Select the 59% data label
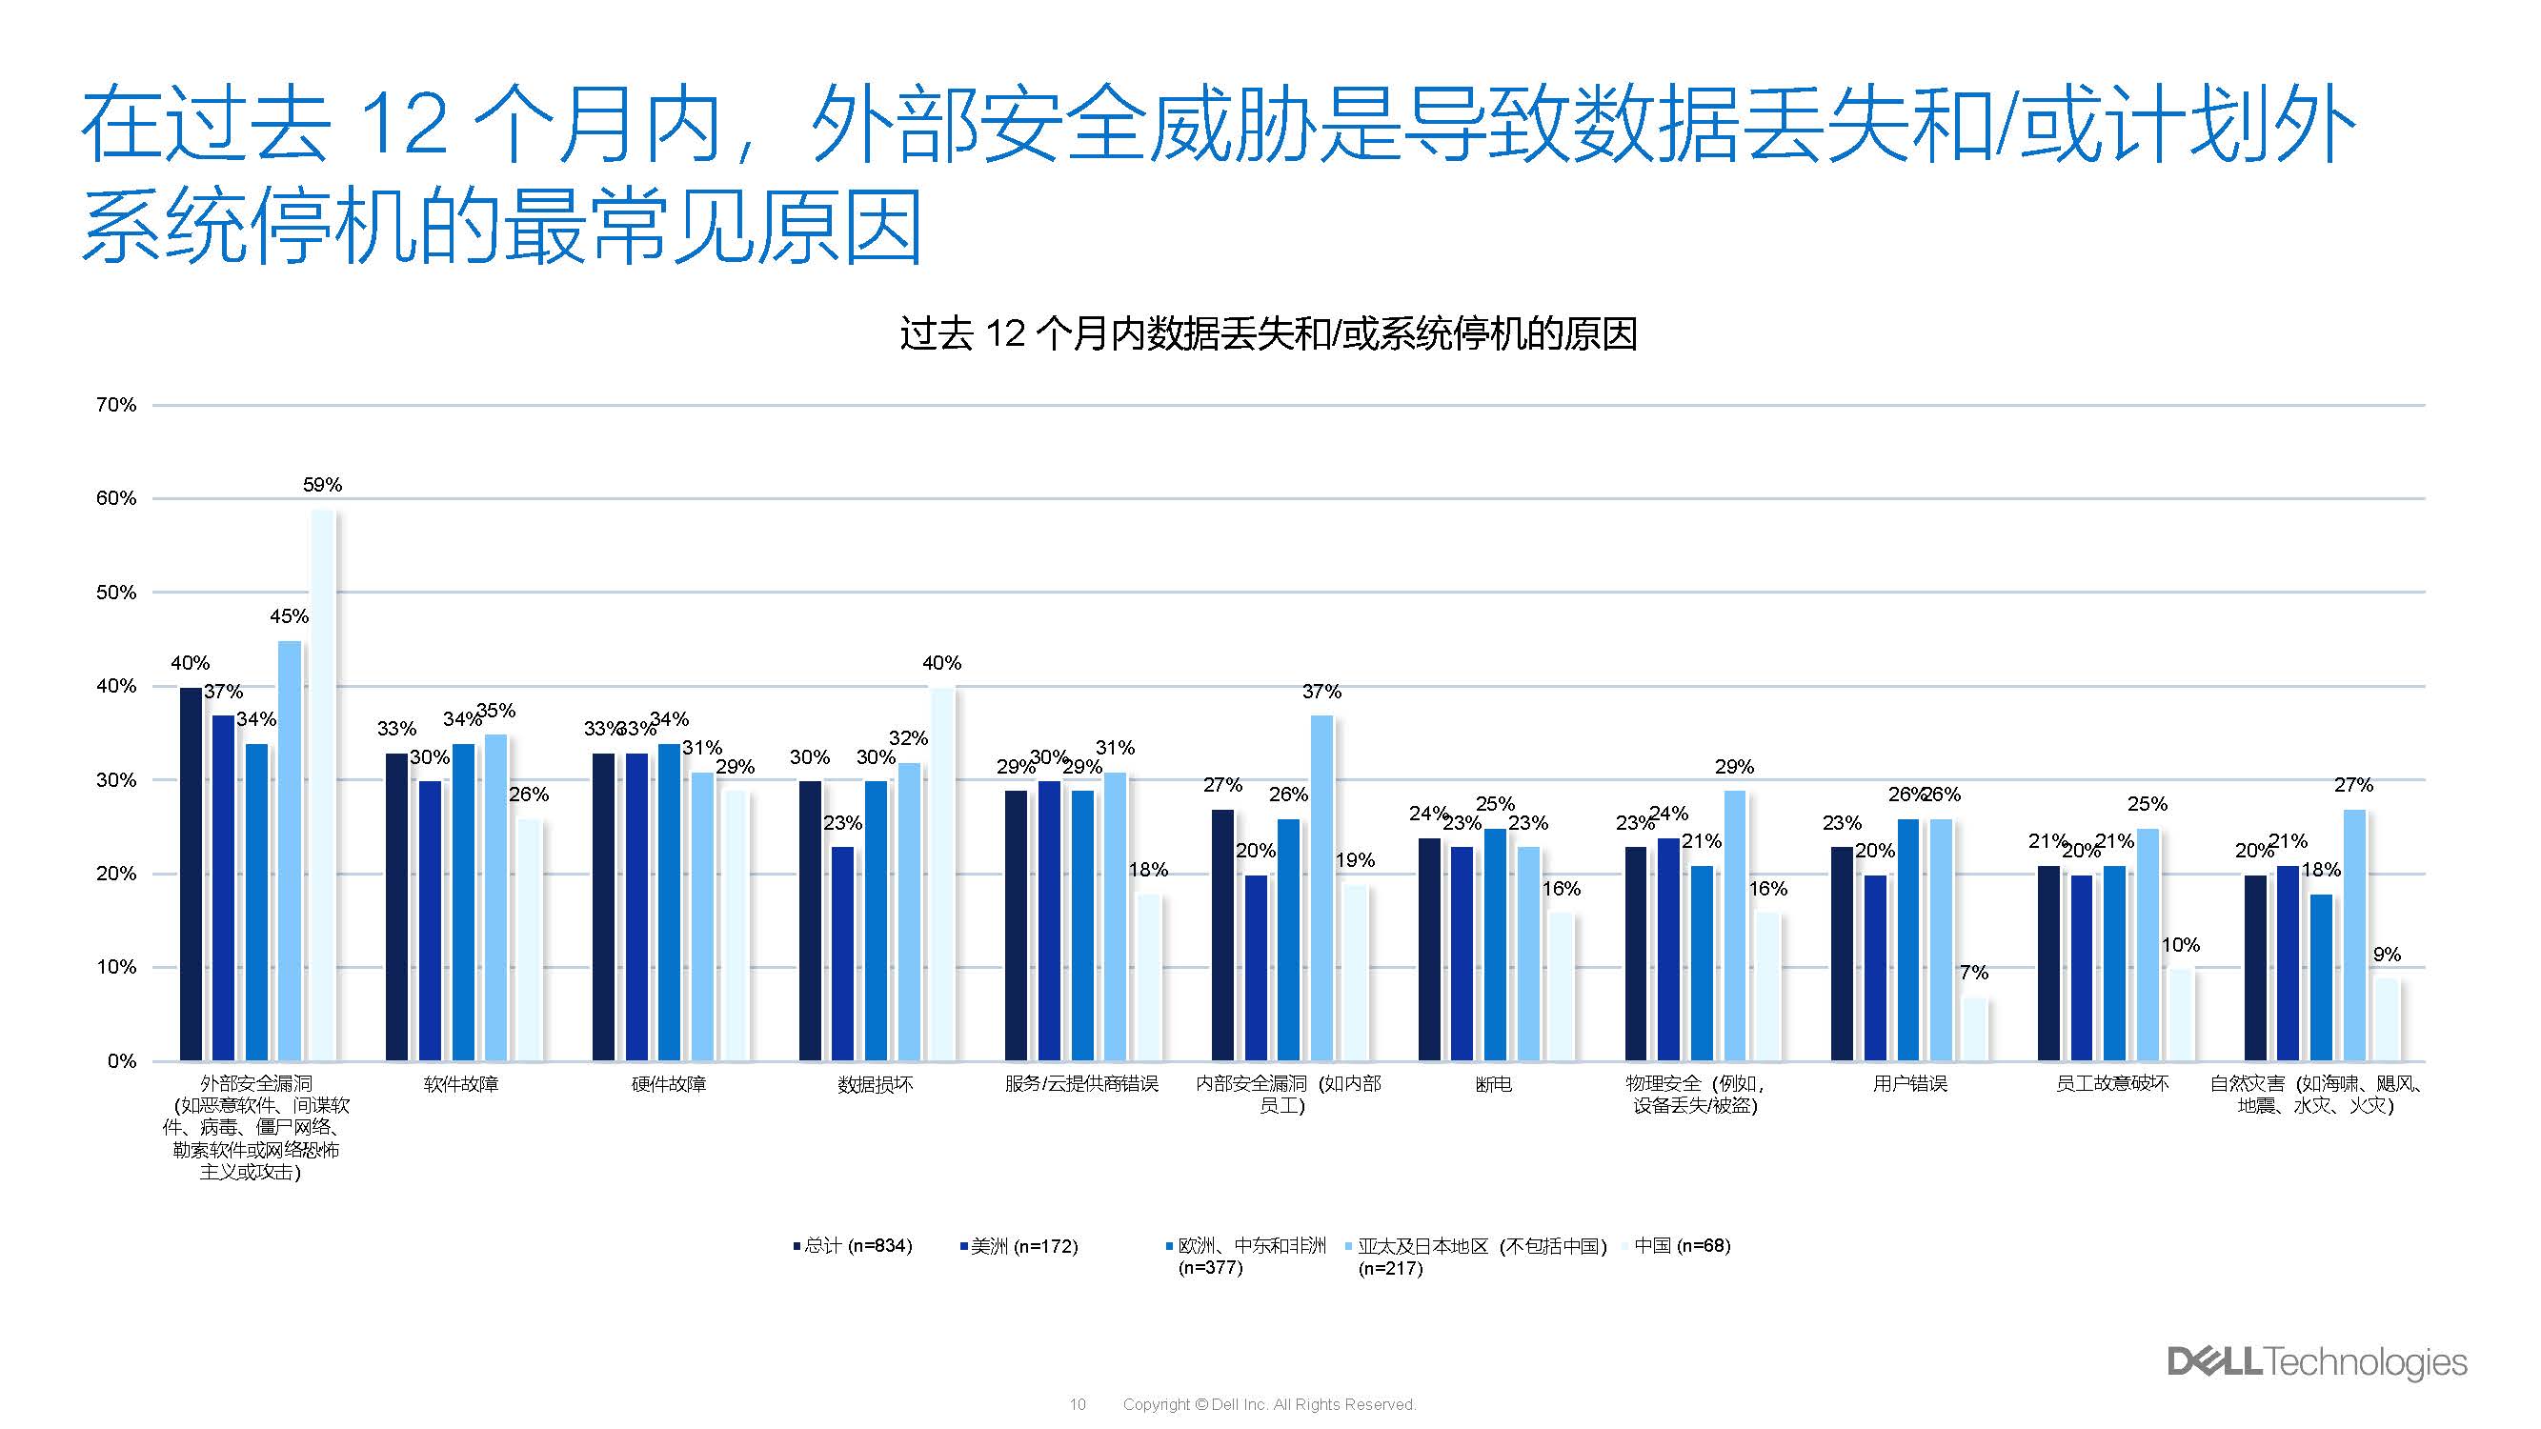click(322, 485)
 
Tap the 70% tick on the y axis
click(116, 405)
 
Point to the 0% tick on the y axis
click(121, 1061)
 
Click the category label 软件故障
click(460, 1085)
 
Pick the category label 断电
click(1493, 1085)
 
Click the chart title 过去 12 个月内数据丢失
click(1268, 334)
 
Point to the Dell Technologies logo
click(2317, 1362)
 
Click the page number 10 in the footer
click(1078, 1404)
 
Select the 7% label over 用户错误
click(1974, 974)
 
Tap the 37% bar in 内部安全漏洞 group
click(1321, 888)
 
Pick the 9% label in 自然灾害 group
click(2386, 955)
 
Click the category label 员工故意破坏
click(2112, 1085)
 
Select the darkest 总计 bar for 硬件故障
click(604, 907)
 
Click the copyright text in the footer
click(1268, 1404)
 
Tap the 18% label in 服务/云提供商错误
click(1148, 870)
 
